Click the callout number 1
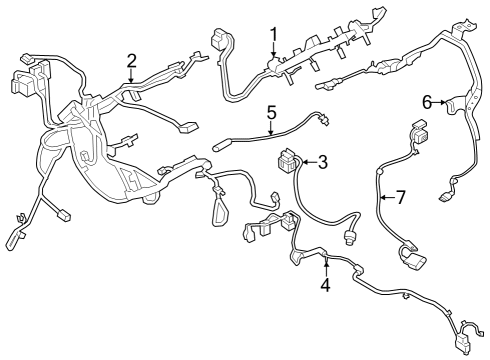click(x=273, y=37)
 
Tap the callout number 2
click(x=132, y=62)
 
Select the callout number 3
click(x=323, y=162)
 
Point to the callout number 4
click(x=325, y=285)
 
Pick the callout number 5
click(x=271, y=113)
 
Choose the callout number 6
click(x=427, y=101)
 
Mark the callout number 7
click(x=400, y=197)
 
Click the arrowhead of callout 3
click(x=302, y=162)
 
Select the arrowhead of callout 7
click(x=380, y=197)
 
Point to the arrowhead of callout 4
click(x=325, y=258)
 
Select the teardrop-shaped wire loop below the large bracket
click(x=218, y=211)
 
